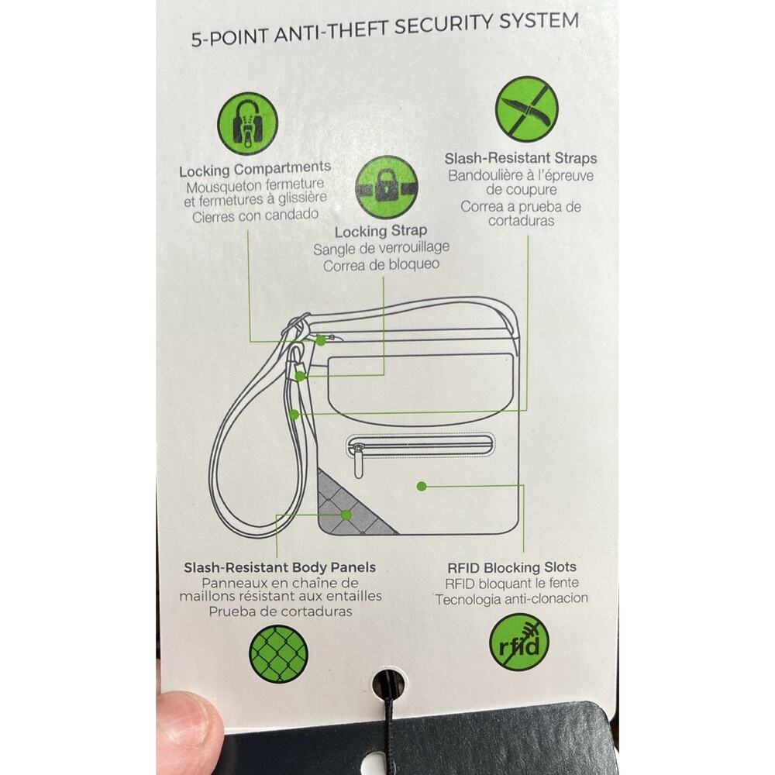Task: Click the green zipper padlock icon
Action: [x=248, y=123]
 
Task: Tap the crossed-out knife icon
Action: [x=526, y=109]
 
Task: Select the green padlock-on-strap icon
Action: [x=387, y=188]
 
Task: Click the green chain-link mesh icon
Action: [x=278, y=654]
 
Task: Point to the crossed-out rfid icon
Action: [x=519, y=642]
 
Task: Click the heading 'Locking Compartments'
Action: [x=255, y=169]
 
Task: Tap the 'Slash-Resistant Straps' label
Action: [x=521, y=158]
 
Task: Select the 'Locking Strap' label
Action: [x=381, y=231]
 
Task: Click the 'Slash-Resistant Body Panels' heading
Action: [x=280, y=567]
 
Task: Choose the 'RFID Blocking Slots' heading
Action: [x=511, y=567]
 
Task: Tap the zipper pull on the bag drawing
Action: [x=358, y=462]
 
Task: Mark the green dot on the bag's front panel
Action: [x=422, y=487]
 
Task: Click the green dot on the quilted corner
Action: [x=346, y=515]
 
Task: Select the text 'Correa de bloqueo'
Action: [x=381, y=265]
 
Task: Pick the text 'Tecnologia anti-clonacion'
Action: [x=511, y=599]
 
